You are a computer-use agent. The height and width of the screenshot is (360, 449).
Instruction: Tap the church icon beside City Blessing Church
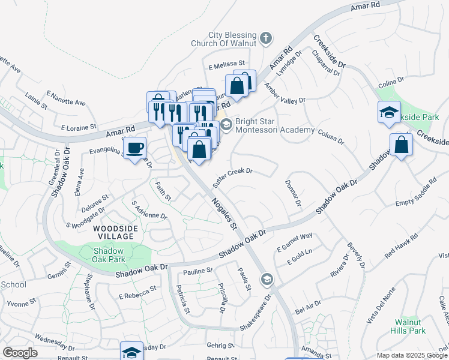(x=267, y=40)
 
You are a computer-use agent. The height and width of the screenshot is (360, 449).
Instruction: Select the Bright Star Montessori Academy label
(x=275, y=125)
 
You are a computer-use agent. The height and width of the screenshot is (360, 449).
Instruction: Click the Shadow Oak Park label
(x=109, y=254)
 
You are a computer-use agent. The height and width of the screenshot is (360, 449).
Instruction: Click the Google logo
(x=20, y=352)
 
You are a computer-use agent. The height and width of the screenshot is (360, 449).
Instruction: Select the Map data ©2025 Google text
(x=412, y=355)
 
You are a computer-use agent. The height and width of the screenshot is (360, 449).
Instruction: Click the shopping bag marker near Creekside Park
(x=401, y=145)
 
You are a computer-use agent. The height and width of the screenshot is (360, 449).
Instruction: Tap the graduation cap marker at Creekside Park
(x=389, y=112)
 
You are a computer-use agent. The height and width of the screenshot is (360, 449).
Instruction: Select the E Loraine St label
(x=79, y=127)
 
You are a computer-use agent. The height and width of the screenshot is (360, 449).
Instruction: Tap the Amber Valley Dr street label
(x=285, y=94)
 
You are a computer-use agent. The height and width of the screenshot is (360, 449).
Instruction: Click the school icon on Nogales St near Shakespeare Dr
(x=267, y=279)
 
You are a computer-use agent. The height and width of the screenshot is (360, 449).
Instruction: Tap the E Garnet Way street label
(x=295, y=242)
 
